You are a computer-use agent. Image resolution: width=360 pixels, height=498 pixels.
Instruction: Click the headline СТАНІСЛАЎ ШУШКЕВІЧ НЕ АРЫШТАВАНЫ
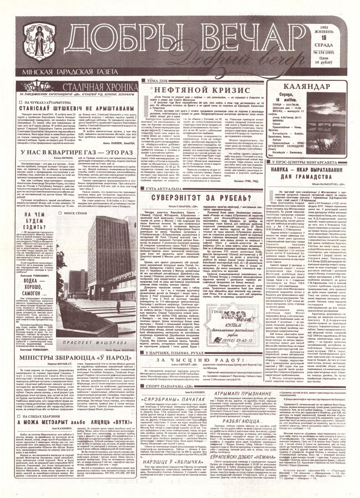[75, 108]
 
